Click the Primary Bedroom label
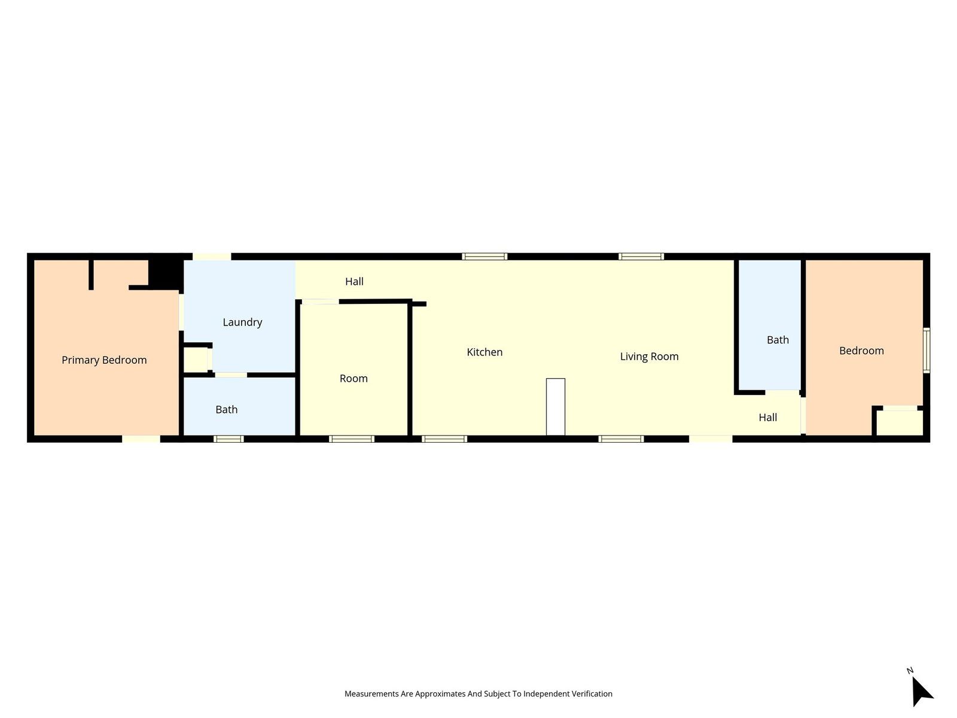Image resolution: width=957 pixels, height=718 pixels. coord(104,360)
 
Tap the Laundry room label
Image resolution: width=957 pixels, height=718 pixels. coord(242,322)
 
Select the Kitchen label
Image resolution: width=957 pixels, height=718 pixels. coord(484,352)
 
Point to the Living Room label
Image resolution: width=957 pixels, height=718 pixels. coord(649,357)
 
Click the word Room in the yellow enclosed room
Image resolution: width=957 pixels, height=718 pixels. coord(353,378)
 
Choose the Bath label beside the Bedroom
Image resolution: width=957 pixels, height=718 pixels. coord(778,340)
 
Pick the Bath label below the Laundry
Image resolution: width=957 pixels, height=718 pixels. coord(227,409)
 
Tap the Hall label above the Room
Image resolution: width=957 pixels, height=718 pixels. coord(354,282)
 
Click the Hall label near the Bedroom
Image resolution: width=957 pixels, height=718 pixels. coord(768,417)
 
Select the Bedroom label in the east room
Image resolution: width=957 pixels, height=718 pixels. coord(861,351)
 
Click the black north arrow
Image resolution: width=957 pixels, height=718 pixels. coord(921,691)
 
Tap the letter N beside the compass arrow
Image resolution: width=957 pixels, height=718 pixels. coord(910,671)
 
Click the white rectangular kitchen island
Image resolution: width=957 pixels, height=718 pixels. coord(556,407)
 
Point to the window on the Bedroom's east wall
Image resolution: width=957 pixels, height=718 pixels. coord(926,351)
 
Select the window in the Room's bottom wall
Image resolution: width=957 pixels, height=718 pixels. coord(352,439)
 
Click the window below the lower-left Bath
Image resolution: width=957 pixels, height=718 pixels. coord(228,439)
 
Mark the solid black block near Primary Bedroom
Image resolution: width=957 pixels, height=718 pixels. coord(166,273)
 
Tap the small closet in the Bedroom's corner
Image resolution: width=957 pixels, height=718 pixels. coord(900,422)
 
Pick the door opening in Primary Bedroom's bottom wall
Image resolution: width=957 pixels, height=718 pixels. coord(141,439)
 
